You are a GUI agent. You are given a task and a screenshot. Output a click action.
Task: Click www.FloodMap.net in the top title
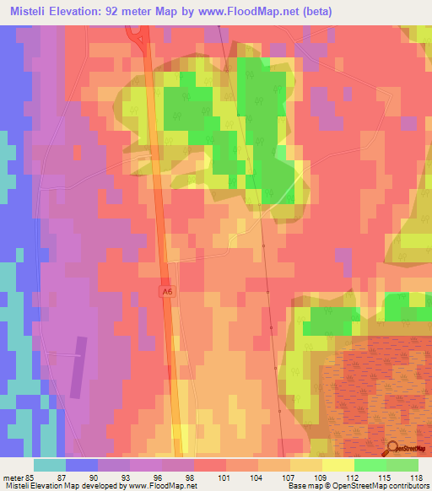(252, 12)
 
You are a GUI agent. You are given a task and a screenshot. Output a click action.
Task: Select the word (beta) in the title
(316, 12)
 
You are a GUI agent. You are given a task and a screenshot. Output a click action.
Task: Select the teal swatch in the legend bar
(49, 465)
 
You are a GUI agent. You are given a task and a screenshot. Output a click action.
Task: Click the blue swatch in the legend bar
(81, 465)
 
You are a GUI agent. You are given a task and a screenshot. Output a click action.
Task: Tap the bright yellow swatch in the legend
(337, 465)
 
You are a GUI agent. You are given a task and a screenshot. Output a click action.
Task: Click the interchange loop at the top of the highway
(136, 35)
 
